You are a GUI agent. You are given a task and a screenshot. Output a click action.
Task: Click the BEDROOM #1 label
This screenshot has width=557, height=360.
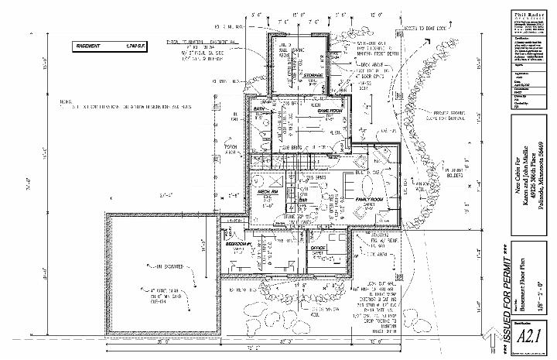click(239, 244)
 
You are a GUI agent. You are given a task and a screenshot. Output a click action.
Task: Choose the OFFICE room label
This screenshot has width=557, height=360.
click(317, 247)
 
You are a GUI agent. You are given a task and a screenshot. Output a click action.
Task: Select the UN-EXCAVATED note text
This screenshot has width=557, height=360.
click(167, 267)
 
